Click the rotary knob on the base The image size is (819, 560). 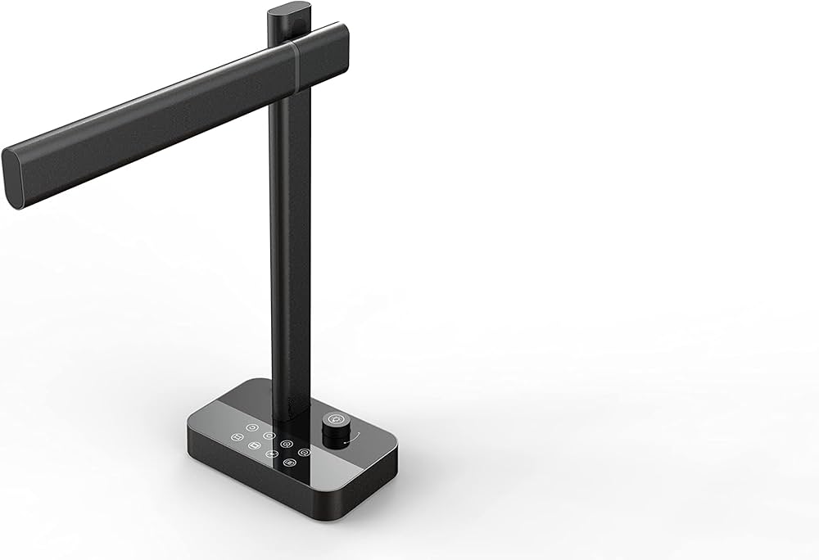point(336,434)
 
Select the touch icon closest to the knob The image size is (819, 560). point(304,452)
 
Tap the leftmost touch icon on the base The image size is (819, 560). point(237,437)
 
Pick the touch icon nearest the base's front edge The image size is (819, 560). point(289,463)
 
